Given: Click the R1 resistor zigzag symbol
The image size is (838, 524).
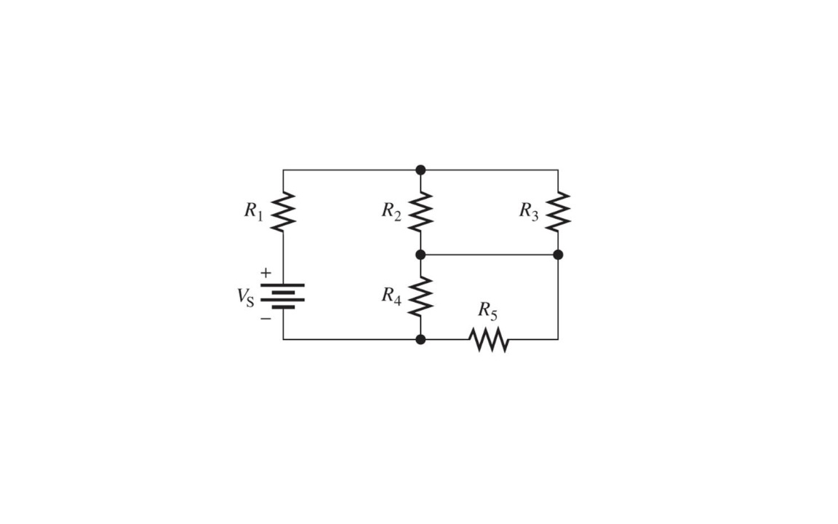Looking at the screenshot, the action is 283,212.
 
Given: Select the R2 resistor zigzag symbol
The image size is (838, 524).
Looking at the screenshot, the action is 420,212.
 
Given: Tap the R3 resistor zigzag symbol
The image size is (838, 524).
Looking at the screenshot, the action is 558,212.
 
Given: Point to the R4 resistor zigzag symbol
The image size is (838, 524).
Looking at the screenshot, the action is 420,296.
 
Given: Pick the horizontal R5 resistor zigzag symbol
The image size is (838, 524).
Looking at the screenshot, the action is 489,340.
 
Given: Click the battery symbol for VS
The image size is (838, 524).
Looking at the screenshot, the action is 283,296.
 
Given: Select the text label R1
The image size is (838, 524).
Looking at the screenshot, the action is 254,210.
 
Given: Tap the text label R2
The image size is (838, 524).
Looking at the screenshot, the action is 391,210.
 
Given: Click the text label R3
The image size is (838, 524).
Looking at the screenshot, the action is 529,210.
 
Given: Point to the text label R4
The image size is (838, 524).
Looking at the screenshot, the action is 391,295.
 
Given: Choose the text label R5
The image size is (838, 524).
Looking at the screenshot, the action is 487,311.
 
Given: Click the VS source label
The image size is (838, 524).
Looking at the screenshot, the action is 245,297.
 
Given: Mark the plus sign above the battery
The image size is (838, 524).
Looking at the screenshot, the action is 266,273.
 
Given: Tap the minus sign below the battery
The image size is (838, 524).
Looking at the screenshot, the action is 266,319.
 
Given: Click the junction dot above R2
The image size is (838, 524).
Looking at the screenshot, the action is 420,170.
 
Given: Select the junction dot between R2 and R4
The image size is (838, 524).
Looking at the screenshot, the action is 420,255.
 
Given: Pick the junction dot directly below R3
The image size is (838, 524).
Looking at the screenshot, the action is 558,255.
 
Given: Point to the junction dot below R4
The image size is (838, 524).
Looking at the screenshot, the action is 420,340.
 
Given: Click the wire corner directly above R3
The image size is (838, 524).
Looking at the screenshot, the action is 558,170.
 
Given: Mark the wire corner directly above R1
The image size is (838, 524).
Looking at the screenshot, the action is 283,170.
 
